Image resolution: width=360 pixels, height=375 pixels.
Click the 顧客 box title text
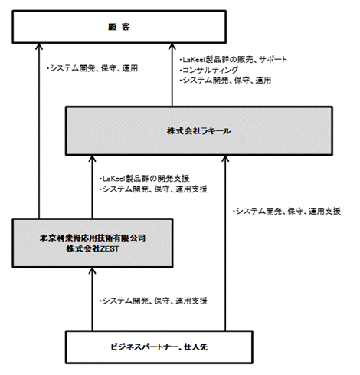(119, 27)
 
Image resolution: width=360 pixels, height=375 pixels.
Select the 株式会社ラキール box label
(199, 131)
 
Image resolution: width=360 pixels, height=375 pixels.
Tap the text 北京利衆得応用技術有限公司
(93, 238)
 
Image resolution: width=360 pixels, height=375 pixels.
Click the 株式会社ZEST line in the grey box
(93, 248)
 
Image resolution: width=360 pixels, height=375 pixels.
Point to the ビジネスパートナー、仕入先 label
(159, 347)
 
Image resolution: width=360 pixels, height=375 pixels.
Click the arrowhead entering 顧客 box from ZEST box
(39, 46)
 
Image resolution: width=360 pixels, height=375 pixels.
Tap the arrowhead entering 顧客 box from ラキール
(172, 46)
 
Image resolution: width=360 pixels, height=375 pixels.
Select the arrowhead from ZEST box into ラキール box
(92, 159)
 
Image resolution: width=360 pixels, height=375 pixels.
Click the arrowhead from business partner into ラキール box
(225, 159)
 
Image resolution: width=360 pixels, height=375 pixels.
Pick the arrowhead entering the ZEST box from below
(92, 271)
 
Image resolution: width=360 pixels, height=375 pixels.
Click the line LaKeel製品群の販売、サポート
(234, 60)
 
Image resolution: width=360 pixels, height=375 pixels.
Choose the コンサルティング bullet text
(209, 70)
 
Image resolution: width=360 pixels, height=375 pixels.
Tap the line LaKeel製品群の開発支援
(145, 178)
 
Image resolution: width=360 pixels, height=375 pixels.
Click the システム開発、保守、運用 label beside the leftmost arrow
(93, 68)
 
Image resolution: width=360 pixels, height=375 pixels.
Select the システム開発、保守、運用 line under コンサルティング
(225, 81)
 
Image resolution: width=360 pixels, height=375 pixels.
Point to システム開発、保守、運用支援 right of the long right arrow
(286, 211)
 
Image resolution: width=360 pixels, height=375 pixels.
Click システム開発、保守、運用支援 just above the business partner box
(153, 301)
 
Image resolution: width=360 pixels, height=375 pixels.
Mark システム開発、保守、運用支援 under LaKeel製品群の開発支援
(153, 189)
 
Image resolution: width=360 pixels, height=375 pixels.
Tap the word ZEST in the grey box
(109, 248)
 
